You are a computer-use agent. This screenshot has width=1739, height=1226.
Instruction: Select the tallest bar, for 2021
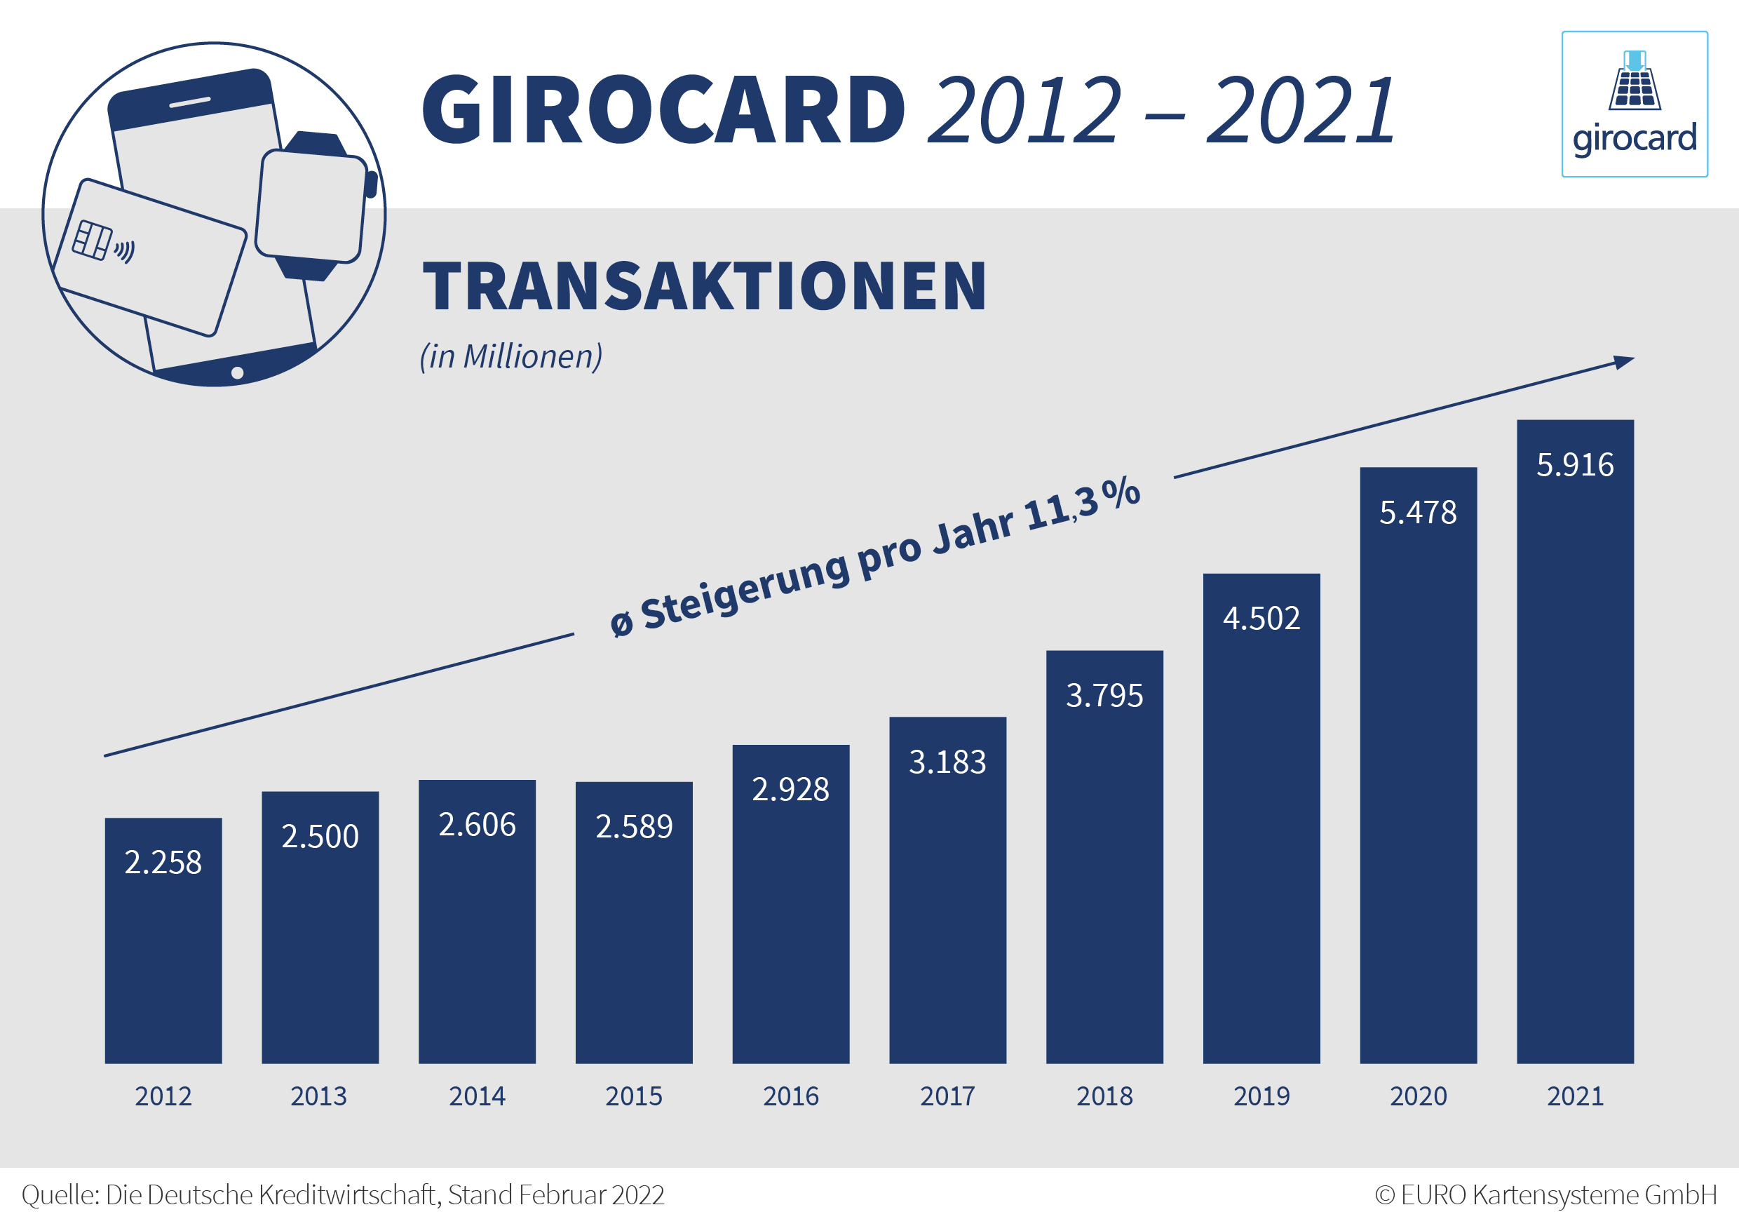1575,757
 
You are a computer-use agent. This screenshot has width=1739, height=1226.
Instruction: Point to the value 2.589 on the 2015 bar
634,827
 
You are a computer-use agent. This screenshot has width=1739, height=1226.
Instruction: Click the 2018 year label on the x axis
1104,1096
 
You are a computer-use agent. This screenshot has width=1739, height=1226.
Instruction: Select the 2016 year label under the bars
791,1096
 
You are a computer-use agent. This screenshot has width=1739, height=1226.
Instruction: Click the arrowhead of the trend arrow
1623,361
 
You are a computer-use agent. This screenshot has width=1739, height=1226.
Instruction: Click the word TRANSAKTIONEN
705,286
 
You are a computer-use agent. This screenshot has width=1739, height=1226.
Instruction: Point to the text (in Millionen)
511,356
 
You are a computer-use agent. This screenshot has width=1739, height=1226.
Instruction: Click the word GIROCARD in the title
663,110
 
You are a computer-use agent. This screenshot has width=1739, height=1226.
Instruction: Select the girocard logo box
1635,104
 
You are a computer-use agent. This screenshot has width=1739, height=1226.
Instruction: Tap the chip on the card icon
93,240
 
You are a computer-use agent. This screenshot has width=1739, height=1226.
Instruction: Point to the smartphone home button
237,373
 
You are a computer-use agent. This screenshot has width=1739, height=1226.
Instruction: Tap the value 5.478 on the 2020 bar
1418,513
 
